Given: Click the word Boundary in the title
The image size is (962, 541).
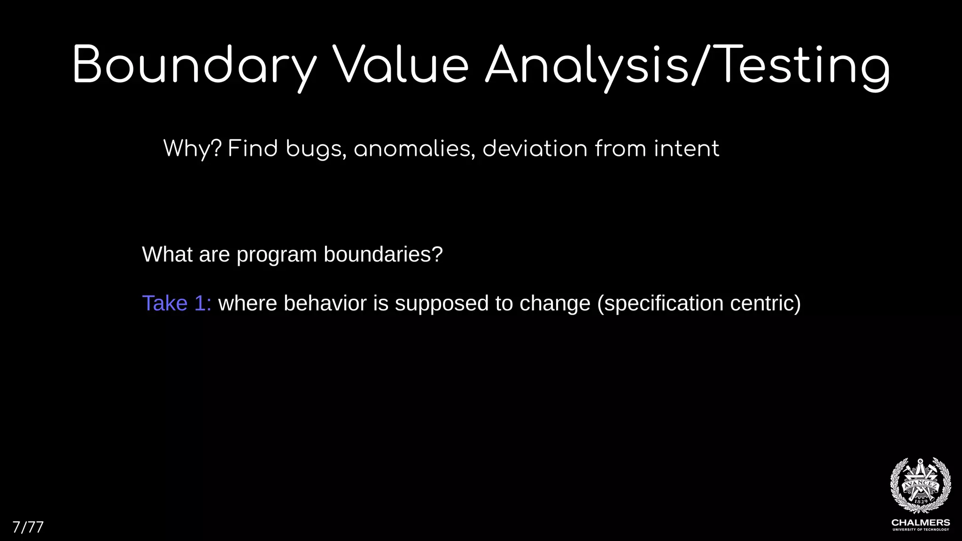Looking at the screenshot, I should tap(194, 66).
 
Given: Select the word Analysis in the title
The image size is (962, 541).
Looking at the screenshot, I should tap(588, 66).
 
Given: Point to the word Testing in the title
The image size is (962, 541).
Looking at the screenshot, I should tap(804, 66).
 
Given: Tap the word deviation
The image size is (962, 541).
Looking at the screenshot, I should tap(535, 149).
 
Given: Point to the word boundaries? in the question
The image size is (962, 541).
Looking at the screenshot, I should tap(383, 255).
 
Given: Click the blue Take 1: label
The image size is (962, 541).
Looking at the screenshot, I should tap(177, 303).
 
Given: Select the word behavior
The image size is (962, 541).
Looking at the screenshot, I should tap(325, 303).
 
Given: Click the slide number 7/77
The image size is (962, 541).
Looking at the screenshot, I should tap(28, 527).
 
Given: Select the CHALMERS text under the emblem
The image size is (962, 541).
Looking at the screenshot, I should tap(920, 523).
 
